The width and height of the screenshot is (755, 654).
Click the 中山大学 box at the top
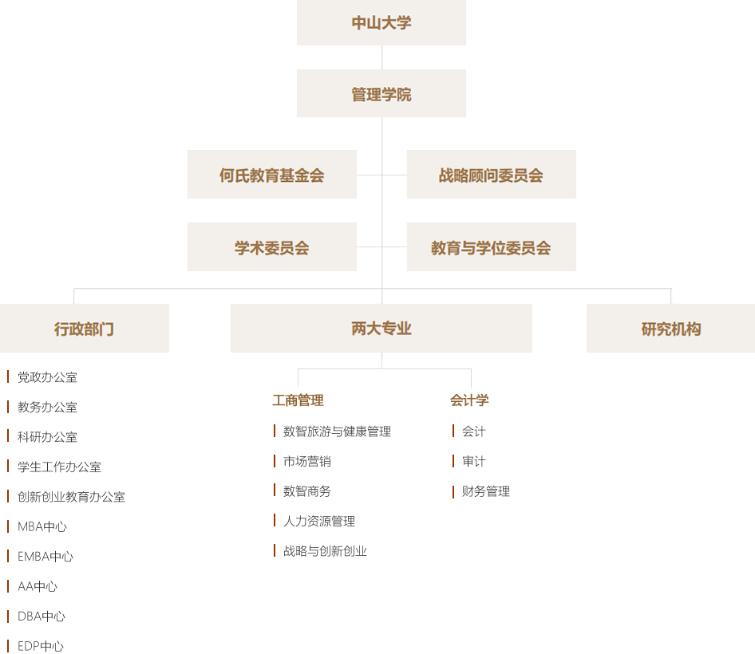pyautogui.click(x=381, y=23)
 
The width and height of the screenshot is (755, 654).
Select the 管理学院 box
pyautogui.click(x=381, y=94)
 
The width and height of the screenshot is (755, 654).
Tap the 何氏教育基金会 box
pyautogui.click(x=272, y=175)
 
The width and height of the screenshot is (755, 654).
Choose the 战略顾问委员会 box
pyautogui.click(x=491, y=175)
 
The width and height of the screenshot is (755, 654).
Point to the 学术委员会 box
pyautogui.click(x=272, y=247)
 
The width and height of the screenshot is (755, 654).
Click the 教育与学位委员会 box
pyautogui.click(x=491, y=247)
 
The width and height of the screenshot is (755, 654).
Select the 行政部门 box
pyautogui.click(x=85, y=328)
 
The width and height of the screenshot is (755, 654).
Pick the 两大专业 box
pyautogui.click(x=381, y=328)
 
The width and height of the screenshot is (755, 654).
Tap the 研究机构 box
pyautogui.click(x=670, y=328)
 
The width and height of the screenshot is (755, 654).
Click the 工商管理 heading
pyautogui.click(x=298, y=400)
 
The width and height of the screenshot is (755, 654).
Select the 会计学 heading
pyautogui.click(x=469, y=400)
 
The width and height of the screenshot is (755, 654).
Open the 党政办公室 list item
pyautogui.click(x=47, y=377)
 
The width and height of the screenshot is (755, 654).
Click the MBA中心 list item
pyautogui.click(x=42, y=526)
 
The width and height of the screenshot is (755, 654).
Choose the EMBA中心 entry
pyautogui.click(x=45, y=557)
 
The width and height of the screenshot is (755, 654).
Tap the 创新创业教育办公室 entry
pyautogui.click(x=71, y=497)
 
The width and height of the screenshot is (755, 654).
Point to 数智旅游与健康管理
pyautogui.click(x=337, y=431)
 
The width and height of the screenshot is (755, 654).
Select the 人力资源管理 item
pyautogui.click(x=319, y=522)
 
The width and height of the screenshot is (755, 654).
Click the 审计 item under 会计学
pyautogui.click(x=473, y=462)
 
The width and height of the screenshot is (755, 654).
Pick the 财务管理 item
pyautogui.click(x=485, y=491)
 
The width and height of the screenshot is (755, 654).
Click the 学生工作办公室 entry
pyautogui.click(x=59, y=467)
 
